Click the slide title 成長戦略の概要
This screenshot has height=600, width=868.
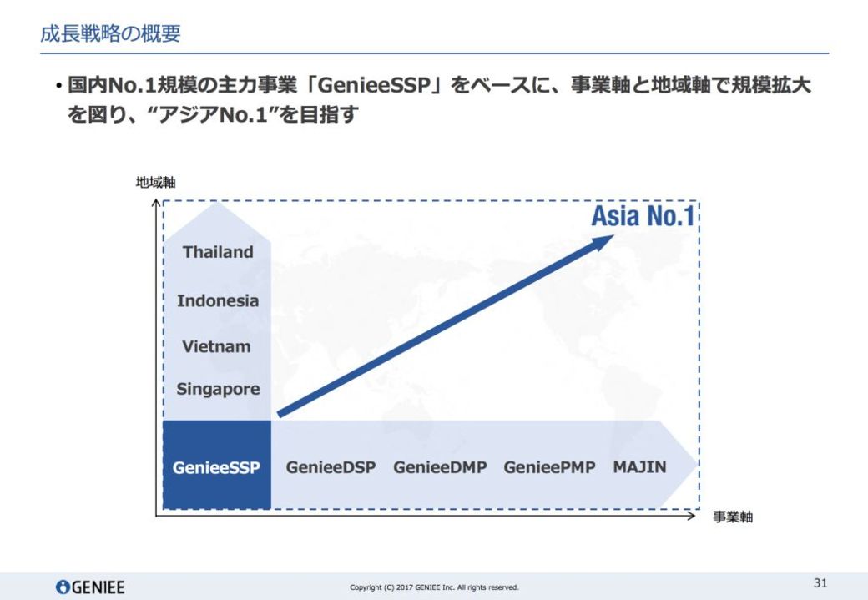(x=110, y=33)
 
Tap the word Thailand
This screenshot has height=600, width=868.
(x=218, y=252)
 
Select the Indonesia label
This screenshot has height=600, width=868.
(x=218, y=300)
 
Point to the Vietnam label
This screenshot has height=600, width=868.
(x=216, y=346)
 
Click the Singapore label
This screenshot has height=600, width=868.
(x=218, y=389)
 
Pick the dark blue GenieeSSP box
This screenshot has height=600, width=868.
(x=216, y=464)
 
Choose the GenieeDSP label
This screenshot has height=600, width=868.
(x=331, y=467)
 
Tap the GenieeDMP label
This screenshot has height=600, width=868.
(x=440, y=467)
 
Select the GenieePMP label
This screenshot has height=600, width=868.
(x=549, y=467)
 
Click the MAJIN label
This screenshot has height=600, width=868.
(x=639, y=466)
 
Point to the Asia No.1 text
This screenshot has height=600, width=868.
(x=643, y=216)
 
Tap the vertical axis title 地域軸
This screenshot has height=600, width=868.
(x=155, y=182)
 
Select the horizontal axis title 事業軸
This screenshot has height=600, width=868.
(x=733, y=517)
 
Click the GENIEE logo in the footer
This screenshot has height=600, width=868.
(x=90, y=587)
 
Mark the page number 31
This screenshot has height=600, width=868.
(x=820, y=582)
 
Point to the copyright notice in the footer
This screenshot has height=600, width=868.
(x=434, y=587)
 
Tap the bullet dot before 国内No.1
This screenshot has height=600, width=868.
(x=58, y=86)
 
